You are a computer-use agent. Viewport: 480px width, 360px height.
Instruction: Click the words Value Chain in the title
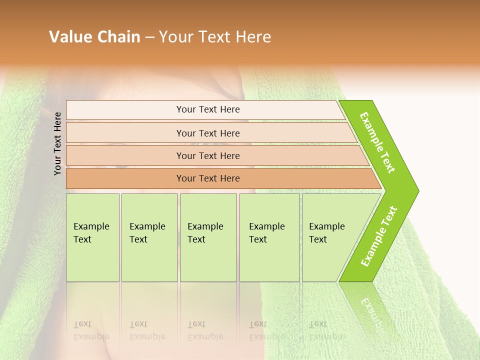94,37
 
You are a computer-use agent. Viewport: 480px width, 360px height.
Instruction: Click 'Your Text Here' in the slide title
215,37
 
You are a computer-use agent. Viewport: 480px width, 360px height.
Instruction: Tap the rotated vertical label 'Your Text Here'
57,143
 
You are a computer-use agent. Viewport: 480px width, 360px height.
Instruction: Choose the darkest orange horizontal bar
125,178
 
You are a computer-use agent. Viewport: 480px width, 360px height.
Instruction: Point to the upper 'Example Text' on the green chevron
377,142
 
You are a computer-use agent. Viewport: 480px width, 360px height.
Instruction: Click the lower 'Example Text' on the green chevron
379,236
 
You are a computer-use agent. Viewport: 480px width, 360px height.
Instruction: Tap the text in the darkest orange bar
208,178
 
